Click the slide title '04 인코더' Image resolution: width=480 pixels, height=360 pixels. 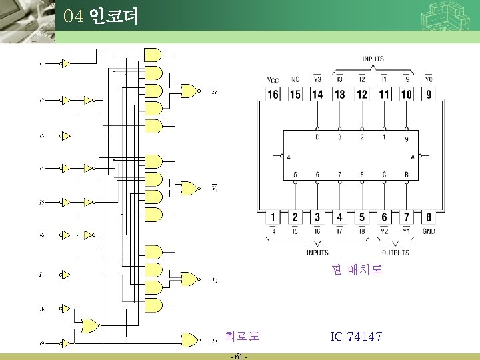(101, 16)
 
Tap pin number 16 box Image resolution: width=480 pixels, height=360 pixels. (273, 95)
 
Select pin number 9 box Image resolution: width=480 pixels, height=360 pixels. (429, 95)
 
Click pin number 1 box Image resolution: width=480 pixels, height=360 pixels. (273, 217)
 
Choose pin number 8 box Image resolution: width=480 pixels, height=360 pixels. (429, 217)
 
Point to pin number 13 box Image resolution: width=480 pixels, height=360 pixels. (339, 95)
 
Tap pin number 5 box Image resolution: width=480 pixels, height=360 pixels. (362, 217)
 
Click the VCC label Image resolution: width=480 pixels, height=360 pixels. (273, 80)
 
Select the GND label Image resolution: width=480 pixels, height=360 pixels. (429, 231)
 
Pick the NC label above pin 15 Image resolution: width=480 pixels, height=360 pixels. (295, 80)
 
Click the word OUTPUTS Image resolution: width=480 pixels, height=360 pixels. (395, 253)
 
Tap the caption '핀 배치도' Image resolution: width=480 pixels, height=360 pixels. (357, 270)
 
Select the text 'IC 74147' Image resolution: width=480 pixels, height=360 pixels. (356, 337)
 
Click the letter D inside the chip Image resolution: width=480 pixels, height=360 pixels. (317, 137)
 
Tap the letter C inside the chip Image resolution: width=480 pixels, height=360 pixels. (384, 175)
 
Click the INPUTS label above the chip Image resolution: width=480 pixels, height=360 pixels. (373, 59)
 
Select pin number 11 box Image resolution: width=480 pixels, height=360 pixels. (384, 95)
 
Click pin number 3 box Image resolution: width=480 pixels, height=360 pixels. (317, 217)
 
